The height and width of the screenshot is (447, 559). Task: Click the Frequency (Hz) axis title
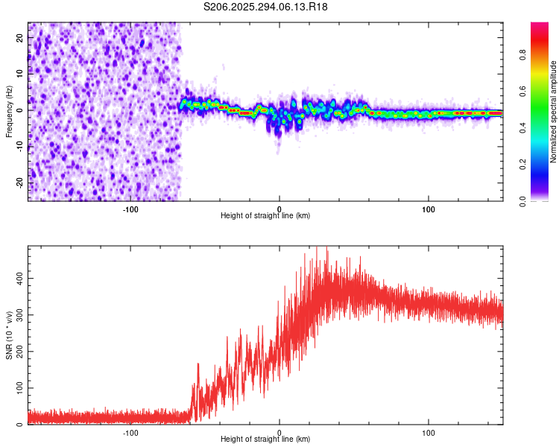9,112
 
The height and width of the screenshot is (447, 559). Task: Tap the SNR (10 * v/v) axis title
9,335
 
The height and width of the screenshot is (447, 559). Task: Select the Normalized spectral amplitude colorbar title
554,112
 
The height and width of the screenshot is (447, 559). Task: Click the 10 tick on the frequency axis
20,74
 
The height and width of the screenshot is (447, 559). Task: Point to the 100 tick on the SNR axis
18,388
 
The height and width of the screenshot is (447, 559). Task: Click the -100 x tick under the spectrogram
130,209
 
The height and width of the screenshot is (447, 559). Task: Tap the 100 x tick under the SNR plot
429,432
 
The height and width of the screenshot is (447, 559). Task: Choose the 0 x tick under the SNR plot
279,432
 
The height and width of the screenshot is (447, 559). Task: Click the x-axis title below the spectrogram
265,216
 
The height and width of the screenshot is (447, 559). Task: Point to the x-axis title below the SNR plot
265,440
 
